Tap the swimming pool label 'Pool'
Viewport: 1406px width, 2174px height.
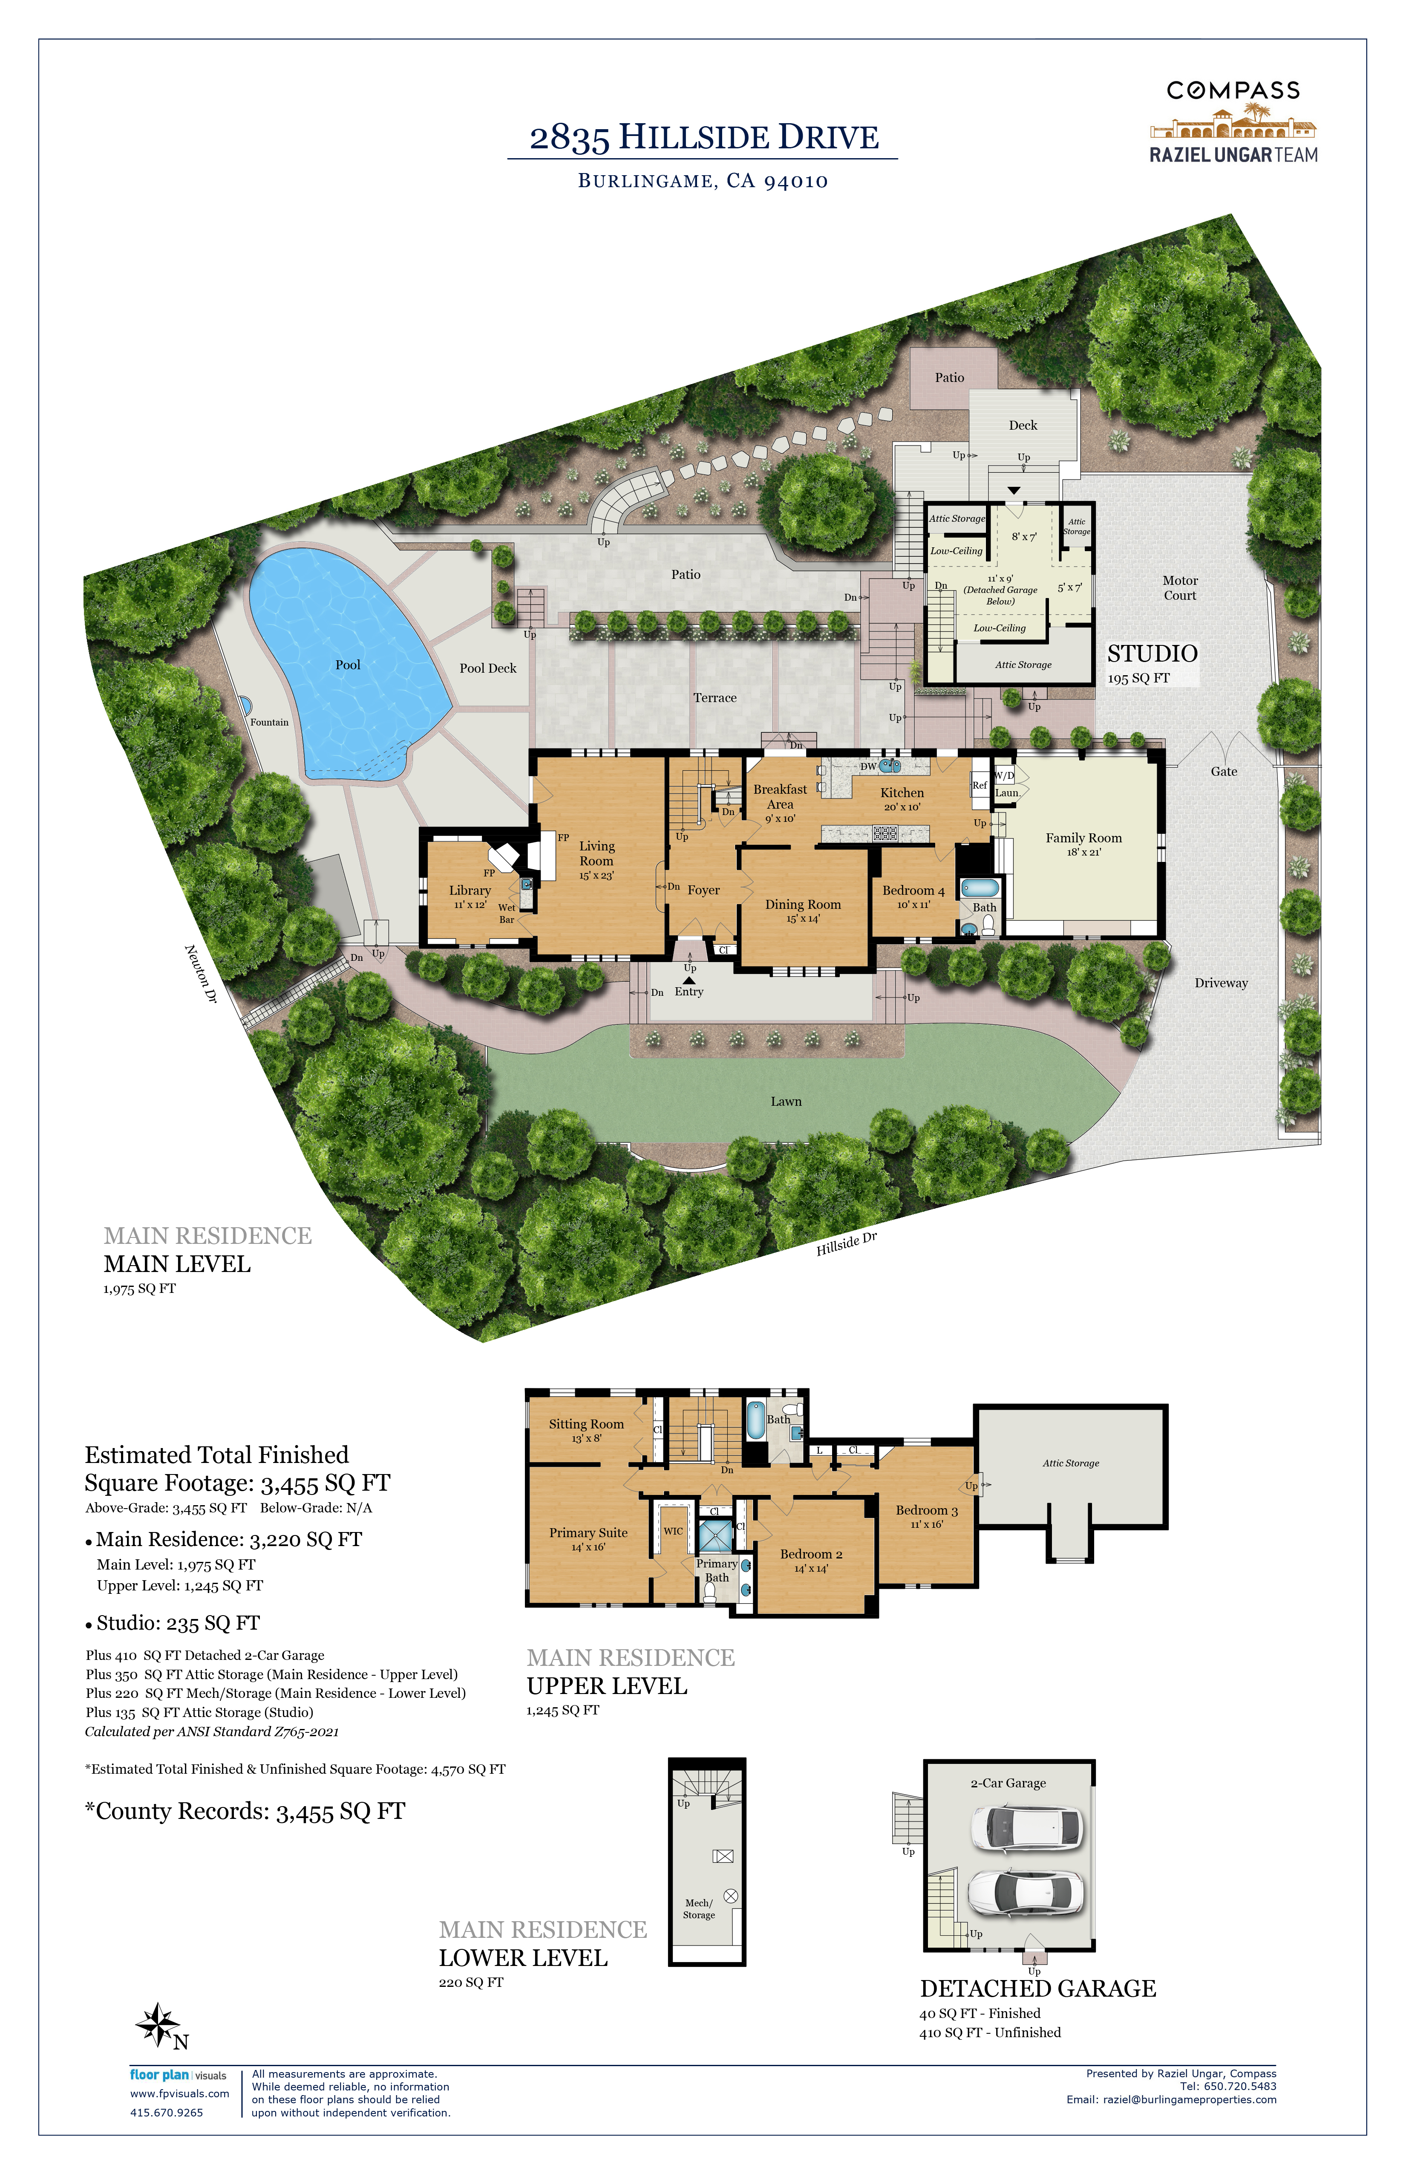348,665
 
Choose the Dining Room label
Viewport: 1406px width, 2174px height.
804,904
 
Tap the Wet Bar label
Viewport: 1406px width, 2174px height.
507,914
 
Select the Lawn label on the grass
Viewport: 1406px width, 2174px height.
786,1101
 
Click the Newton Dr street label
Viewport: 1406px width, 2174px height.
201,974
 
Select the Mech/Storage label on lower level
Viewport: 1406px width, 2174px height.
699,1909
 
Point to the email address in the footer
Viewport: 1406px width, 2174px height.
1171,2099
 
